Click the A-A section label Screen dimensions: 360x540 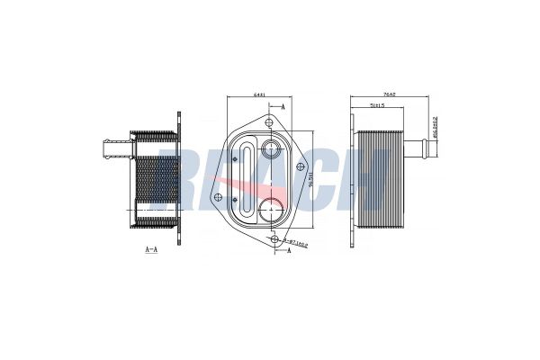pyautogui.click(x=150, y=247)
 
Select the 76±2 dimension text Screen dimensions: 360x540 pyautogui.click(x=388, y=94)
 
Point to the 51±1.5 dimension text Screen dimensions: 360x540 pyautogui.click(x=378, y=106)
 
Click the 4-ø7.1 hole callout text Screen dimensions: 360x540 pyautogui.click(x=296, y=243)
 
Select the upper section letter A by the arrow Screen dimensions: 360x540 pyautogui.click(x=283, y=107)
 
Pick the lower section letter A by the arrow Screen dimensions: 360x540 pyautogui.click(x=288, y=252)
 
